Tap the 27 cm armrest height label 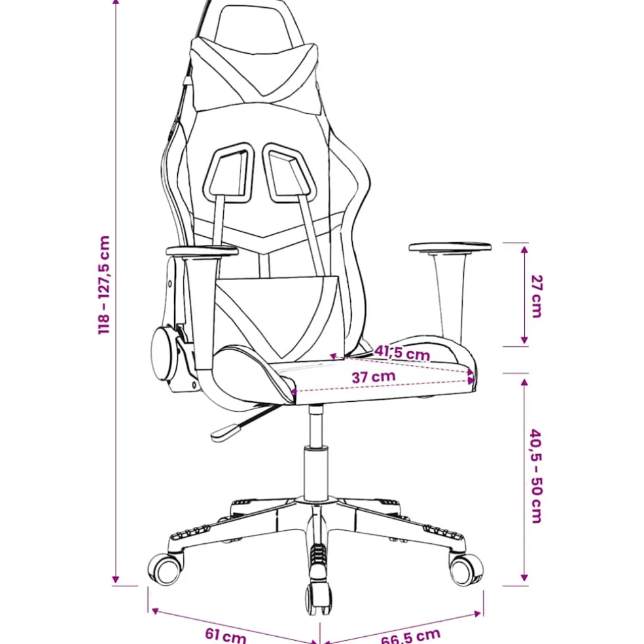click(537, 296)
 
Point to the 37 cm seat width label click(374, 376)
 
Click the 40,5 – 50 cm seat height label click(536, 476)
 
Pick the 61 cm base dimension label click(226, 635)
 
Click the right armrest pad click(450, 247)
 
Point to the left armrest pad click(202, 251)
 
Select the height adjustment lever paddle click(225, 433)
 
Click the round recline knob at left click(164, 354)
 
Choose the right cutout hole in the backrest click(289, 172)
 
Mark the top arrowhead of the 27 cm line click(524, 249)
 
